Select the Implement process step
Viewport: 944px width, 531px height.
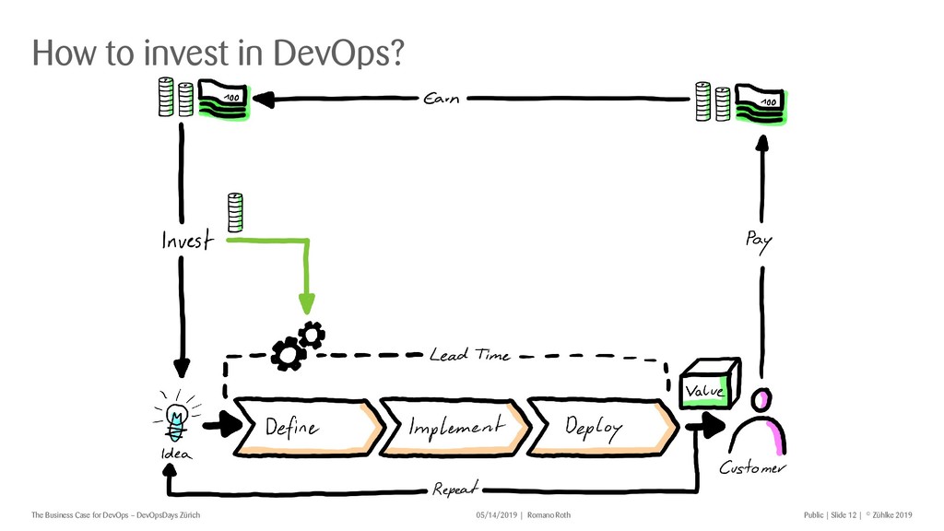point(456,427)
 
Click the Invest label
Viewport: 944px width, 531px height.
point(187,242)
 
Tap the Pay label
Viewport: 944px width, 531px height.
point(758,241)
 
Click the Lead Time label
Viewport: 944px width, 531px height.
point(469,355)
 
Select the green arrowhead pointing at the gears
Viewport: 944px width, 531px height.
point(307,302)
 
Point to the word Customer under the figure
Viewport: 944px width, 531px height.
point(753,468)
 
